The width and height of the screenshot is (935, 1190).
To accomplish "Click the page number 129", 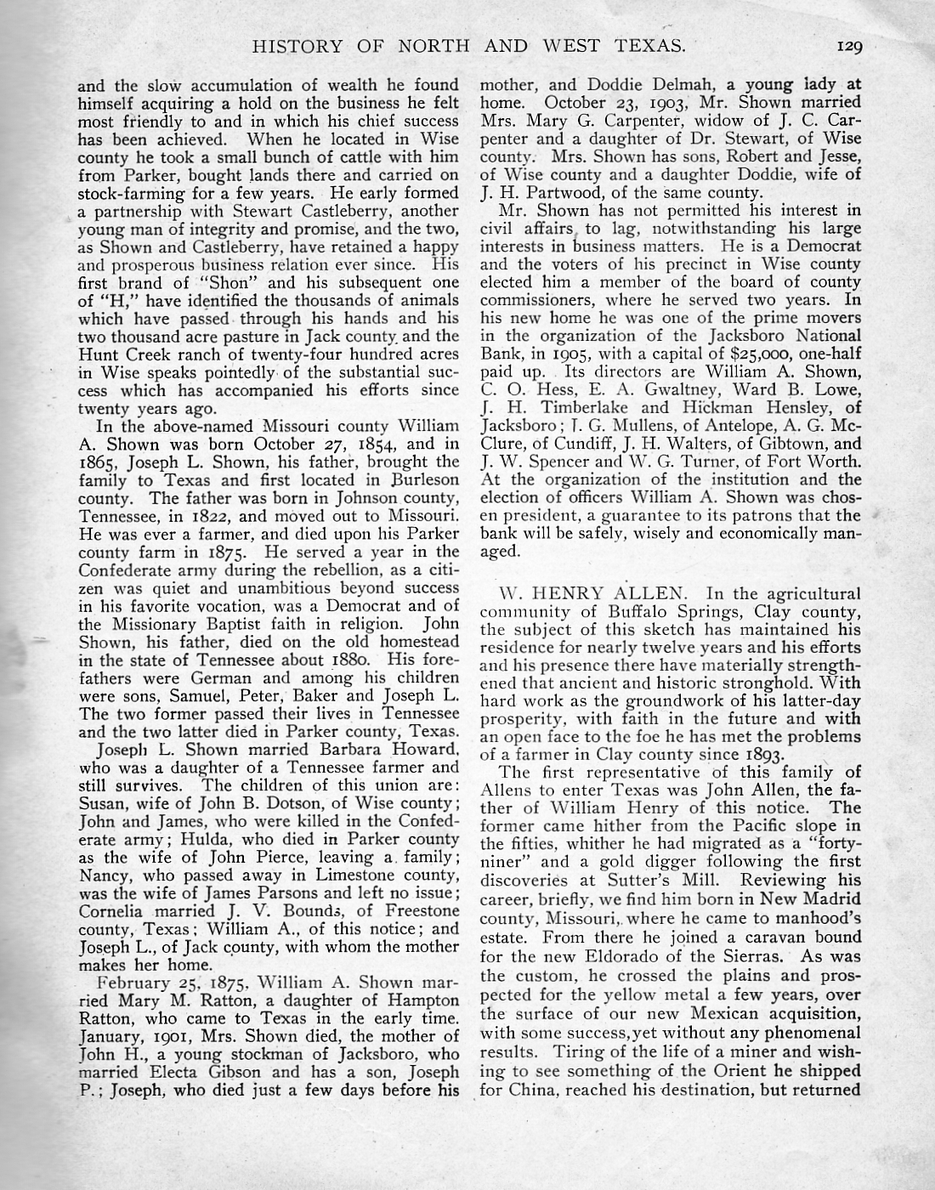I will (848, 47).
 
